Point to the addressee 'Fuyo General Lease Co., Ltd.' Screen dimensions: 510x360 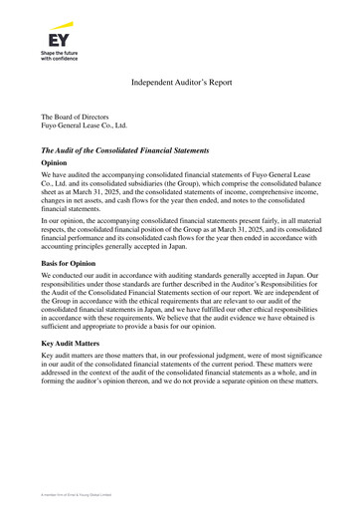(x=85, y=127)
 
